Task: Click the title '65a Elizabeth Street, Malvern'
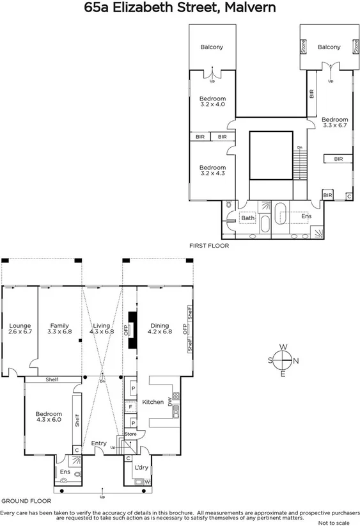[x=180, y=8]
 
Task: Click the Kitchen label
[x=153, y=402]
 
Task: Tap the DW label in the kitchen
[x=170, y=402]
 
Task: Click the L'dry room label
[x=142, y=468]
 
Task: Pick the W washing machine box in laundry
[x=147, y=482]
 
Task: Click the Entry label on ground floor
[x=98, y=443]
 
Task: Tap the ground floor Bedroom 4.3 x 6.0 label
[x=49, y=417]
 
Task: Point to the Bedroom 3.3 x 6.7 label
[x=334, y=123]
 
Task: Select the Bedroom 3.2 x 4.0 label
[x=212, y=101]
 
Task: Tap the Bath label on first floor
[x=248, y=218]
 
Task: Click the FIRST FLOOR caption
[x=208, y=245]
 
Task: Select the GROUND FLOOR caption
[x=26, y=501]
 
